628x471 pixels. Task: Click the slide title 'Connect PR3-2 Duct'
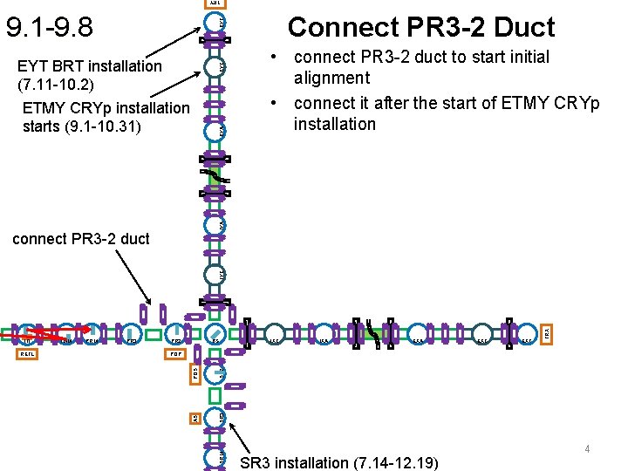pyautogui.click(x=421, y=27)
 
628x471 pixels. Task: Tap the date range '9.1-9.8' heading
pyautogui.click(x=50, y=27)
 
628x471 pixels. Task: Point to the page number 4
pyautogui.click(x=588, y=449)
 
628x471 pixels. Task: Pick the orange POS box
pyautogui.click(x=195, y=372)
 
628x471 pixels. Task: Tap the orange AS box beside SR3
pyautogui.click(x=195, y=419)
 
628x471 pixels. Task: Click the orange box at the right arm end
pyautogui.click(x=547, y=333)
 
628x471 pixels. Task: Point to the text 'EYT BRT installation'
pyautogui.click(x=90, y=65)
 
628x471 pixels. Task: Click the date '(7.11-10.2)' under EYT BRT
pyautogui.click(x=55, y=86)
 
